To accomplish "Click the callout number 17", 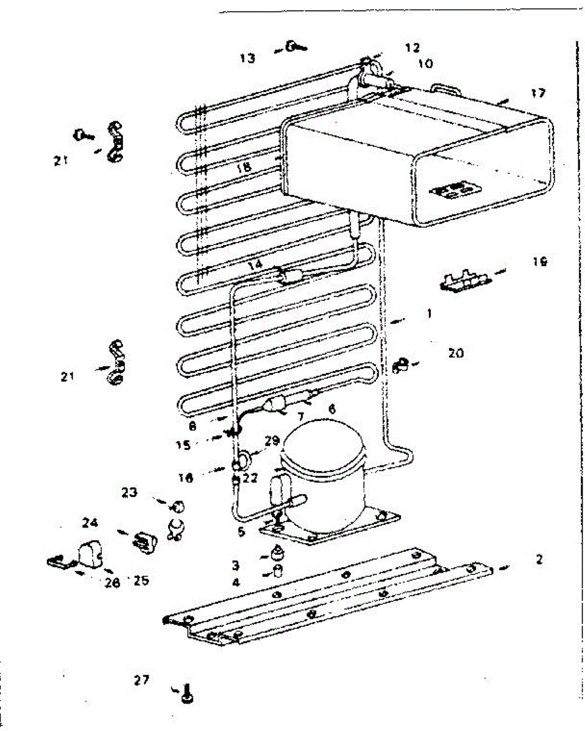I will click(538, 93).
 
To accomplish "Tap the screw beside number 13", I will click(296, 46).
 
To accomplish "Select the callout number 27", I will click(141, 679).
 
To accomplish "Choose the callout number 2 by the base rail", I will click(539, 559).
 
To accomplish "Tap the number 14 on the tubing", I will click(255, 265).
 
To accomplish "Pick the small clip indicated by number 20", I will click(399, 365).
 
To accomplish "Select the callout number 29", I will click(271, 440).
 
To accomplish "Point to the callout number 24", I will click(91, 523).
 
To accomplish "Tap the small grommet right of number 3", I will click(278, 554).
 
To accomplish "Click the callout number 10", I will click(424, 63).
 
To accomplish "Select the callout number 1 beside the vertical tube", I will click(429, 314).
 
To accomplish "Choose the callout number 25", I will click(141, 581).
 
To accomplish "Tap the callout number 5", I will click(241, 532).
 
